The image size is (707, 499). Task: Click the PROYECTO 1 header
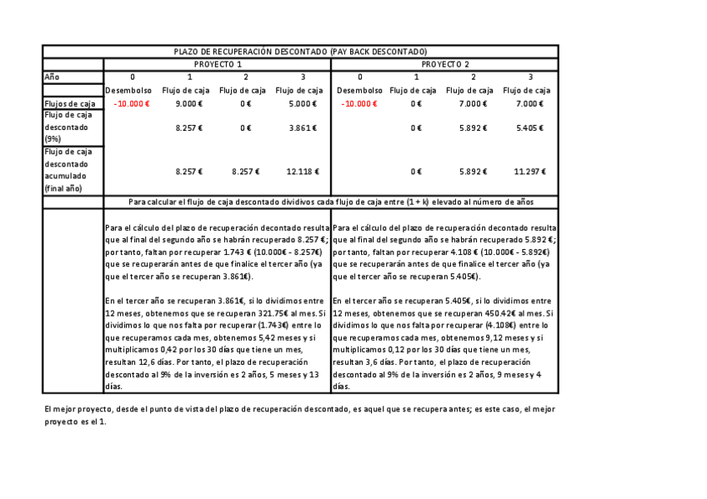click(x=218, y=64)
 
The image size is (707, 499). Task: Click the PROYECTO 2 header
click(x=444, y=64)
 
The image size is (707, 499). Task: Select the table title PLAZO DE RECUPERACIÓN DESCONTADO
click(x=299, y=52)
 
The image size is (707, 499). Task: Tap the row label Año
click(x=52, y=77)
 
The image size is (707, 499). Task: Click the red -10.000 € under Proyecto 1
click(x=132, y=104)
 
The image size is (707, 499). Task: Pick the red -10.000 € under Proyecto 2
click(x=359, y=104)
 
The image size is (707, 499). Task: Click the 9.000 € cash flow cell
click(x=189, y=104)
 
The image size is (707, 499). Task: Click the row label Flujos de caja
click(x=70, y=104)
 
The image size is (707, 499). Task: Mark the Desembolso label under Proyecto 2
click(x=360, y=90)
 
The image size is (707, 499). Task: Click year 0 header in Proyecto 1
click(x=133, y=77)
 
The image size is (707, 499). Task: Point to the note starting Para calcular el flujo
click(x=331, y=202)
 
